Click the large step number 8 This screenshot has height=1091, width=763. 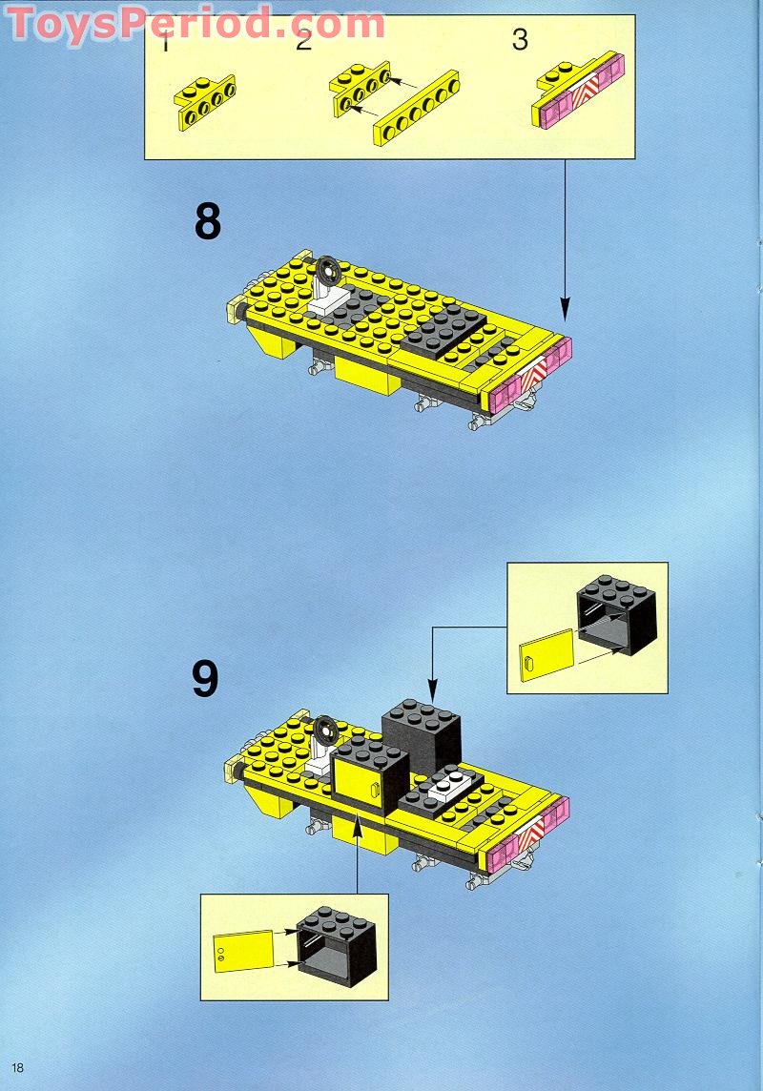208,221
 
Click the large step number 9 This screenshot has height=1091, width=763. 205,679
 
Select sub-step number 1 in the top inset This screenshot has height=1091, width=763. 166,43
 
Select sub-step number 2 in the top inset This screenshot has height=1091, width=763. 303,41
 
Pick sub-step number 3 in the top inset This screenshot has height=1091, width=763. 520,41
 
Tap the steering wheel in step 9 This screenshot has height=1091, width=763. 326,730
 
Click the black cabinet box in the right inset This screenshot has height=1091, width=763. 615,617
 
